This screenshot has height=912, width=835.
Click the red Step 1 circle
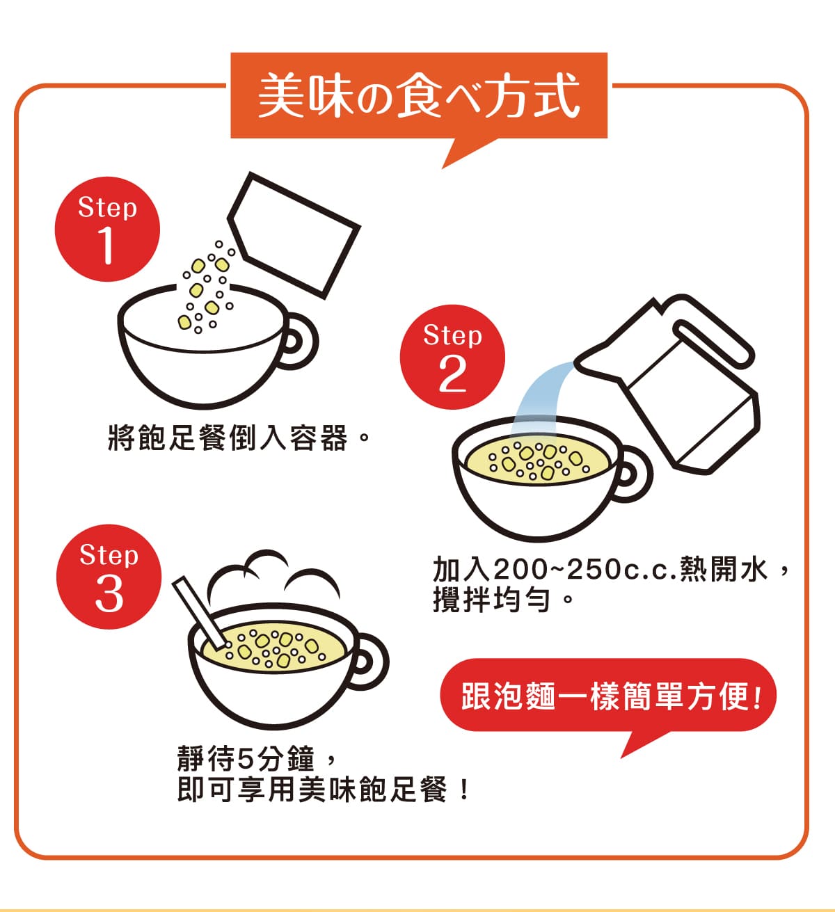tap(107, 229)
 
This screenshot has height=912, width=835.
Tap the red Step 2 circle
tap(452, 357)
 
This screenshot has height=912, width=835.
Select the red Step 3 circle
tap(109, 577)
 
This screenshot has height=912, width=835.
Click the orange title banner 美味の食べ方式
tap(419, 95)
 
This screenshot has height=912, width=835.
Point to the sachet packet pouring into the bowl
tap(294, 235)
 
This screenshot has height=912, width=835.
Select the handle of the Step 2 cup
tap(635, 474)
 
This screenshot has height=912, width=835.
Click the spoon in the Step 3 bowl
tap(199, 611)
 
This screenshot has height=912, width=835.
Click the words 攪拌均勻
tap(491, 600)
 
